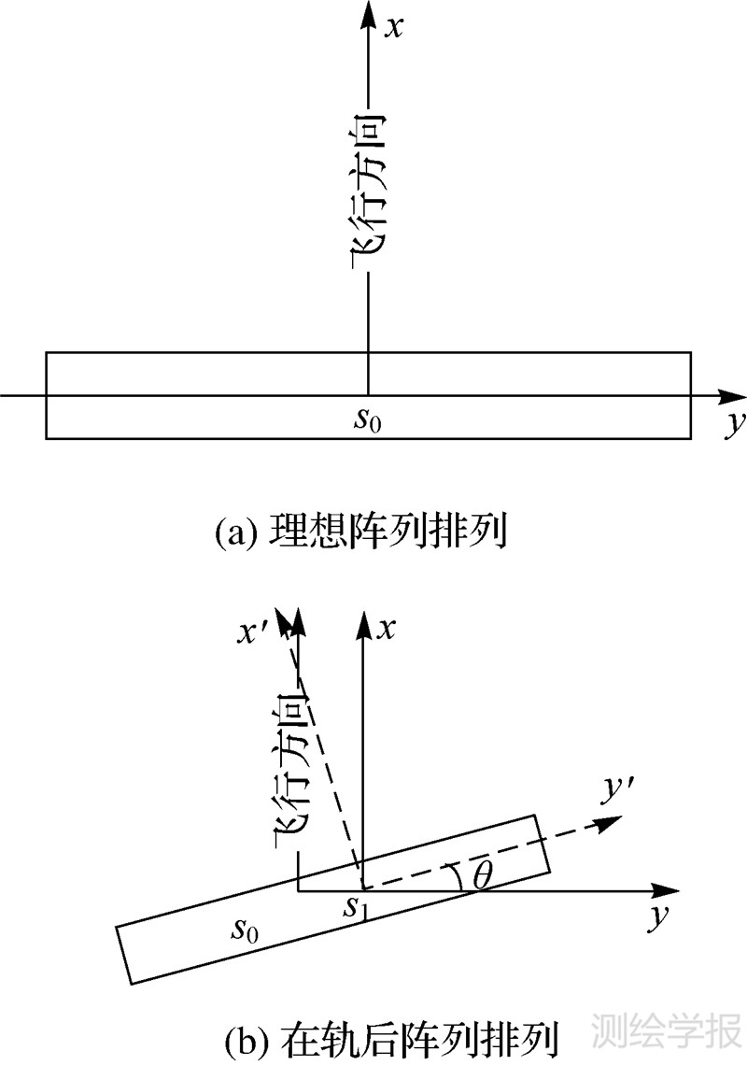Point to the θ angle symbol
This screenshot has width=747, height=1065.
482,875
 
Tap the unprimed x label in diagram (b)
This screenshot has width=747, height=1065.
385,631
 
